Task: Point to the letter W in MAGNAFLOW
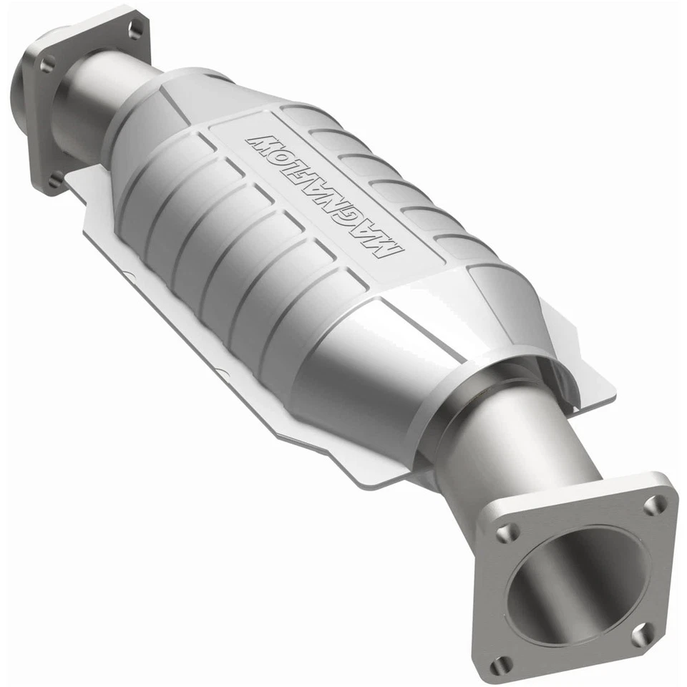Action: (x=258, y=142)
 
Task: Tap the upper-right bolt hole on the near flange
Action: (x=653, y=505)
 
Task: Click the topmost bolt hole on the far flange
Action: (x=135, y=29)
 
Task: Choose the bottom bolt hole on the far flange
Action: (x=56, y=180)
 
